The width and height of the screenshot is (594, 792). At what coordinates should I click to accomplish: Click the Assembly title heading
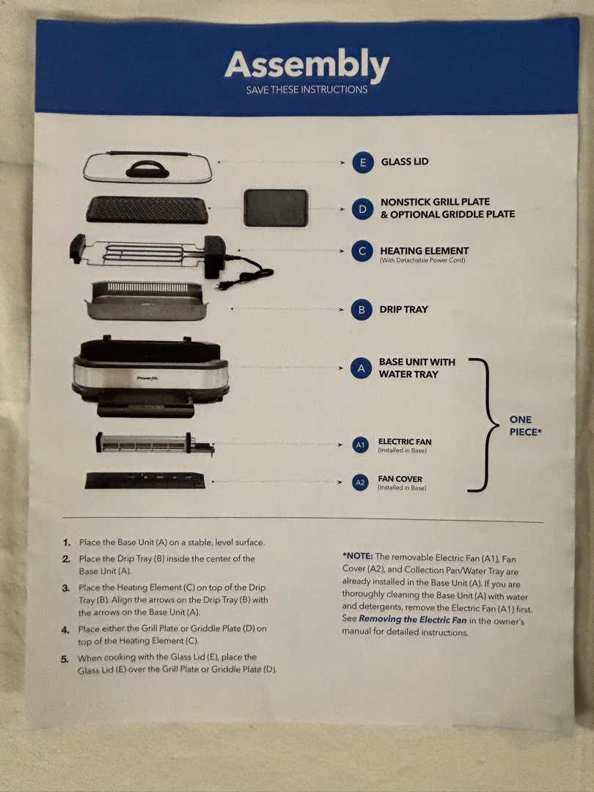point(307,66)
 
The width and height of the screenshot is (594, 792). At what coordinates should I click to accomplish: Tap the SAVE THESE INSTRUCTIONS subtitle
point(307,90)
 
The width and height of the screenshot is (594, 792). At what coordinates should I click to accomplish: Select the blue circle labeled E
point(362,163)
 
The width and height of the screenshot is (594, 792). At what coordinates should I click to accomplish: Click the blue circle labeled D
point(362,209)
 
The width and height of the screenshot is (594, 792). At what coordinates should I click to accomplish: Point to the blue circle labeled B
point(361,310)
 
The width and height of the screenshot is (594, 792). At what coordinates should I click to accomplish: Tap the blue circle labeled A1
point(360,445)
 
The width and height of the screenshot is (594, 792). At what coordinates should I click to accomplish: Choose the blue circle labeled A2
point(360,483)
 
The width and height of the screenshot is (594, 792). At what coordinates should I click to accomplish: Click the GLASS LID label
point(405,162)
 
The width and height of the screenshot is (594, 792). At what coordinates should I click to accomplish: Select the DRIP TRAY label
point(403,309)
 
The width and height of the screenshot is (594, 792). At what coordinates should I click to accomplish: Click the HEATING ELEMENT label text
point(424,251)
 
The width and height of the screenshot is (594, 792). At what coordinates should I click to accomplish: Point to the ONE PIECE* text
point(525,426)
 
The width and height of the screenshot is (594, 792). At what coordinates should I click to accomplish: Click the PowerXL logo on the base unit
point(149,378)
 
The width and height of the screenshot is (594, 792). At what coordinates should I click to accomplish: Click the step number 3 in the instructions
point(66,588)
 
